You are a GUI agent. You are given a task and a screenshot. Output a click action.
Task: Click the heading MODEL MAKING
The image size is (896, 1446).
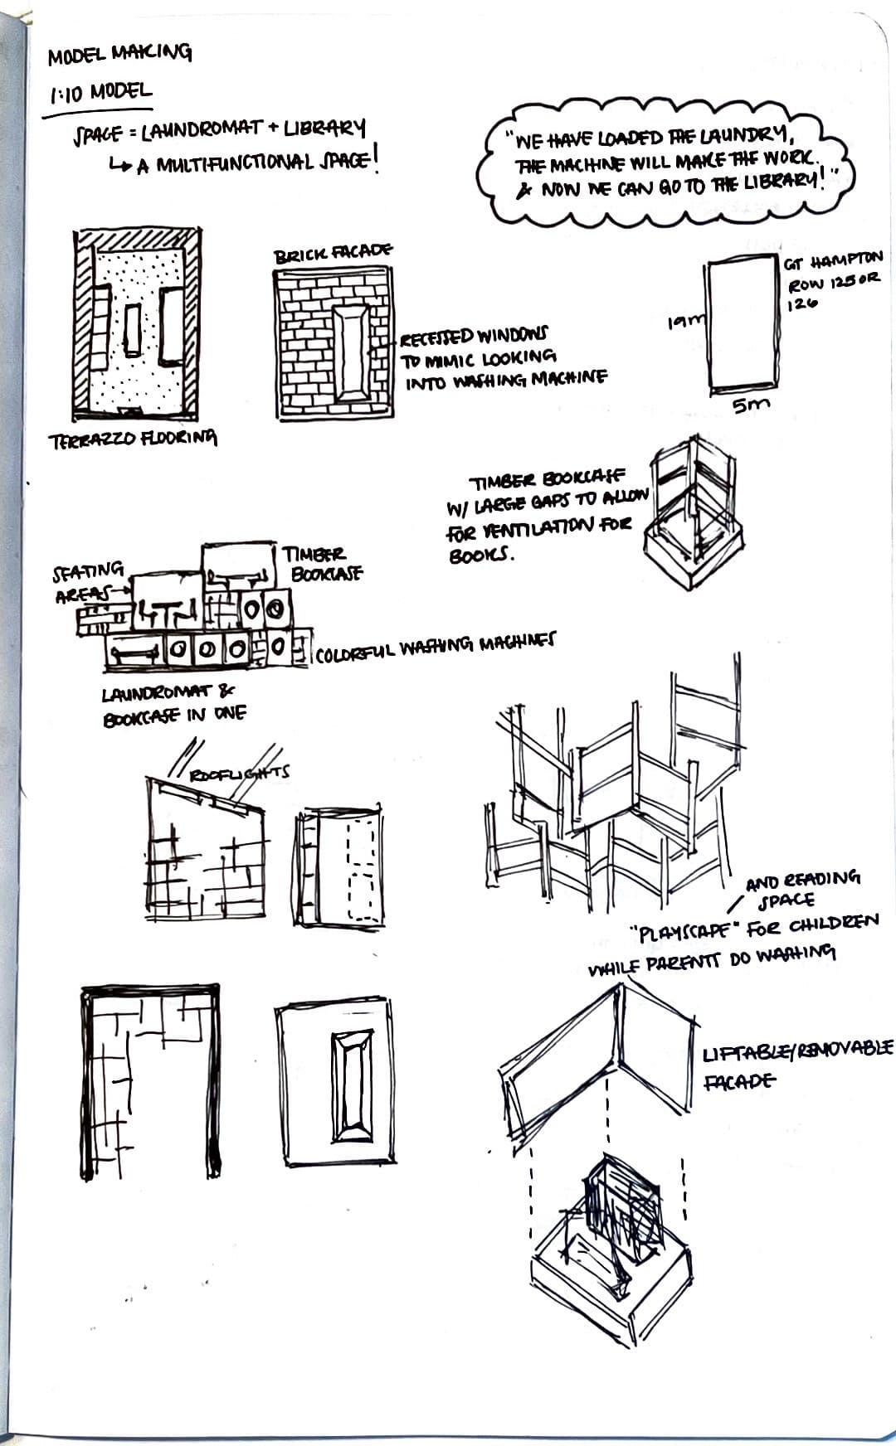pos(119,55)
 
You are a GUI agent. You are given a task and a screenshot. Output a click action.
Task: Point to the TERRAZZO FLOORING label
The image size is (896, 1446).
pos(133,439)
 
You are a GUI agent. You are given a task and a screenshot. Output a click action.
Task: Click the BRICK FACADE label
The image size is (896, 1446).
pos(334,254)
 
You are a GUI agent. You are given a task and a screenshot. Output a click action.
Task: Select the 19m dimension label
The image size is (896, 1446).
pos(686,319)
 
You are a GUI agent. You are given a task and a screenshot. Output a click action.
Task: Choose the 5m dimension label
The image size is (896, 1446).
pos(750,405)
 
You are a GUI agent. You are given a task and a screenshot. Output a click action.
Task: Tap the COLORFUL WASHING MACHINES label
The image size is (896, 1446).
pos(436,645)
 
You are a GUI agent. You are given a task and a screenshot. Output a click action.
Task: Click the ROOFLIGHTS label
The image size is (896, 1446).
pos(241,774)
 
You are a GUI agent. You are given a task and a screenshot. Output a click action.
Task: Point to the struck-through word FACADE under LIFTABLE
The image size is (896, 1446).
pos(741,1081)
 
